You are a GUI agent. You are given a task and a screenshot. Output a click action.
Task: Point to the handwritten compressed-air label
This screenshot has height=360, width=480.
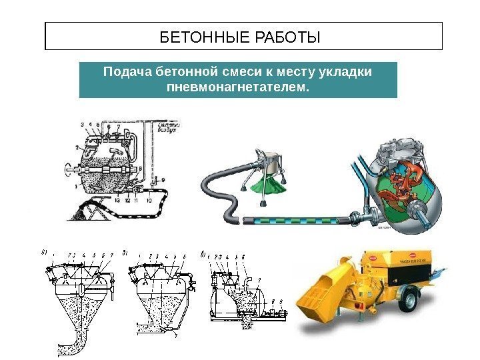[171, 127]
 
